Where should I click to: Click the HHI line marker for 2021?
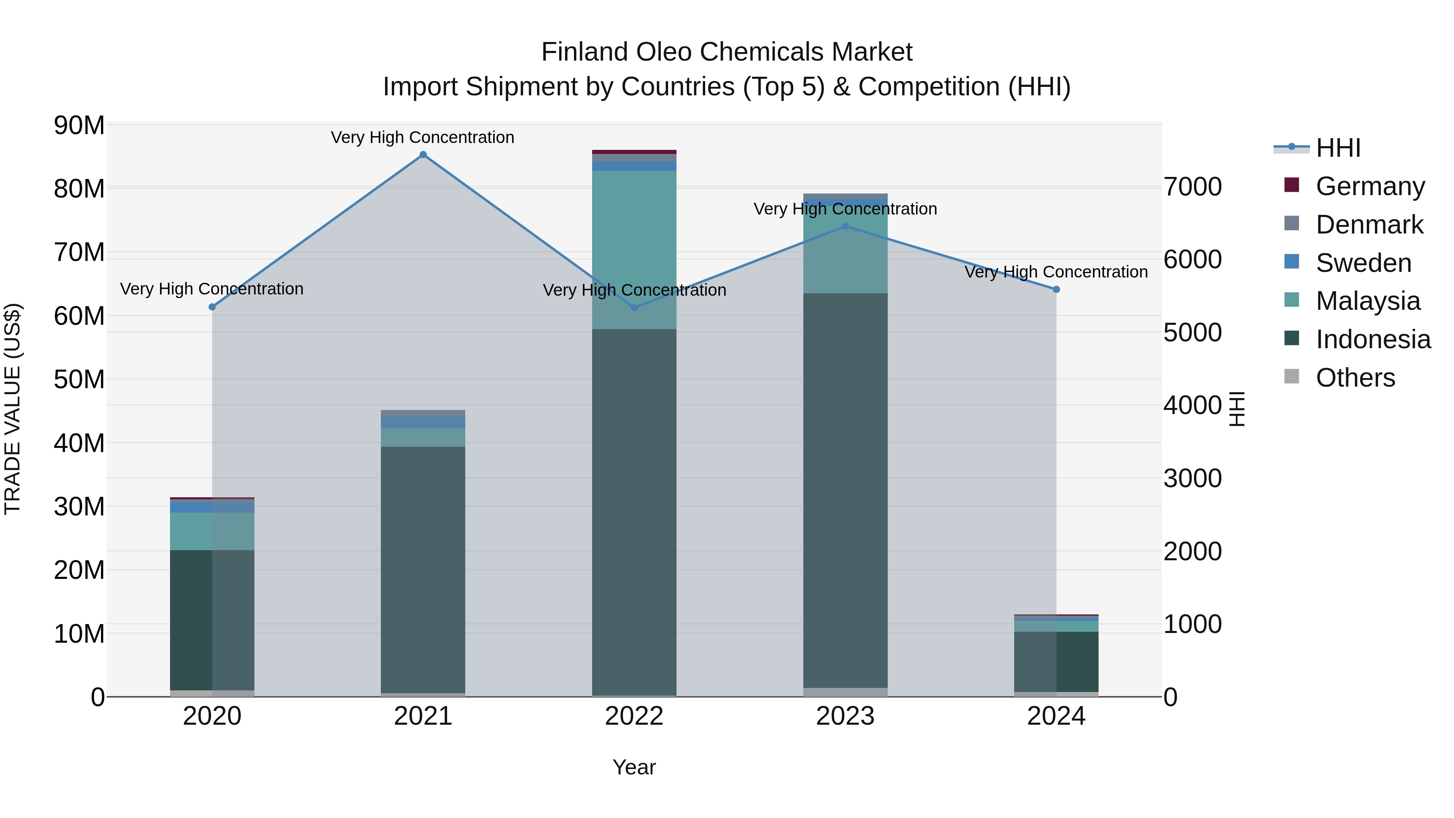423,155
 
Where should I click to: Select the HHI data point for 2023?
845,226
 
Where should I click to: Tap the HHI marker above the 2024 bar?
1056,290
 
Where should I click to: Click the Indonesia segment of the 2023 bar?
845,491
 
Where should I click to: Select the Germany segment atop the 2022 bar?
634,152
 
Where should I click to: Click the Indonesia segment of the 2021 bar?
423,570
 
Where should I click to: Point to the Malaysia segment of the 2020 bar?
212,531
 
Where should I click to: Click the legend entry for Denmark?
1369,225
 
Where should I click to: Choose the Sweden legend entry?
1363,263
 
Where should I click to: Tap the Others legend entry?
1355,378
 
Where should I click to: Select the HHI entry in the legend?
1338,148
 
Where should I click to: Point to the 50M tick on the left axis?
79,379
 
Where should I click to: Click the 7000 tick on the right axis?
1192,187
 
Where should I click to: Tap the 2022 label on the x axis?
634,716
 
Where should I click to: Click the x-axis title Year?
634,767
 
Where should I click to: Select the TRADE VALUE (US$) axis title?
13,409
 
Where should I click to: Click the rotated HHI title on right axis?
1237,409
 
